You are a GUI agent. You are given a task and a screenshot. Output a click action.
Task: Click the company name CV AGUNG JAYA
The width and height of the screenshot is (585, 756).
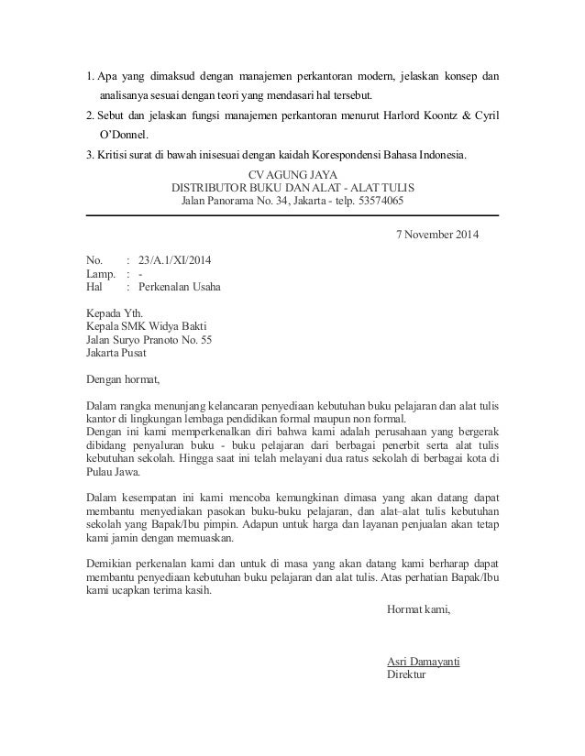(x=292, y=174)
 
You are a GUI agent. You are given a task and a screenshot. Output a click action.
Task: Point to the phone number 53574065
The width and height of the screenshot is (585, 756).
(x=380, y=201)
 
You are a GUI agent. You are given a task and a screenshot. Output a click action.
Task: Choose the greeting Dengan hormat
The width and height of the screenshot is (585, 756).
(x=122, y=378)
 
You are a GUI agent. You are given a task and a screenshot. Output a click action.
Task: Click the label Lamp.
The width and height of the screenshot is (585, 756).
(x=100, y=273)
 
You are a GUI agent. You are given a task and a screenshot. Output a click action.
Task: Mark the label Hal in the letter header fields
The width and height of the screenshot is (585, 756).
(x=94, y=286)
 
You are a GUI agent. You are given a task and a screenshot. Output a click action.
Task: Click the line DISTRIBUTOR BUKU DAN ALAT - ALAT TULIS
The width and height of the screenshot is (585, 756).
(x=292, y=188)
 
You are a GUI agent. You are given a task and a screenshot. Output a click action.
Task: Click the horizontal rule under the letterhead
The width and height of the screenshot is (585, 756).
(x=292, y=215)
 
